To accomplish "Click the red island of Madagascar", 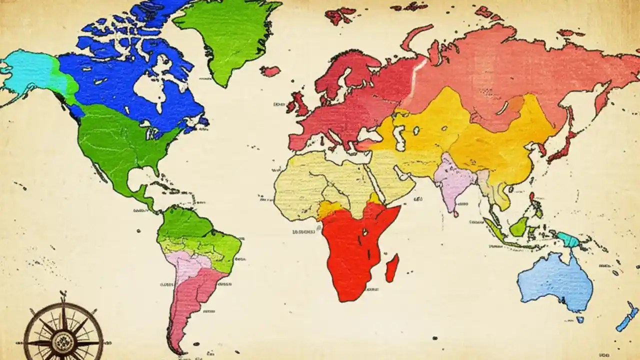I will click(392, 267).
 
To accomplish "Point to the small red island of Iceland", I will click(270, 71).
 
